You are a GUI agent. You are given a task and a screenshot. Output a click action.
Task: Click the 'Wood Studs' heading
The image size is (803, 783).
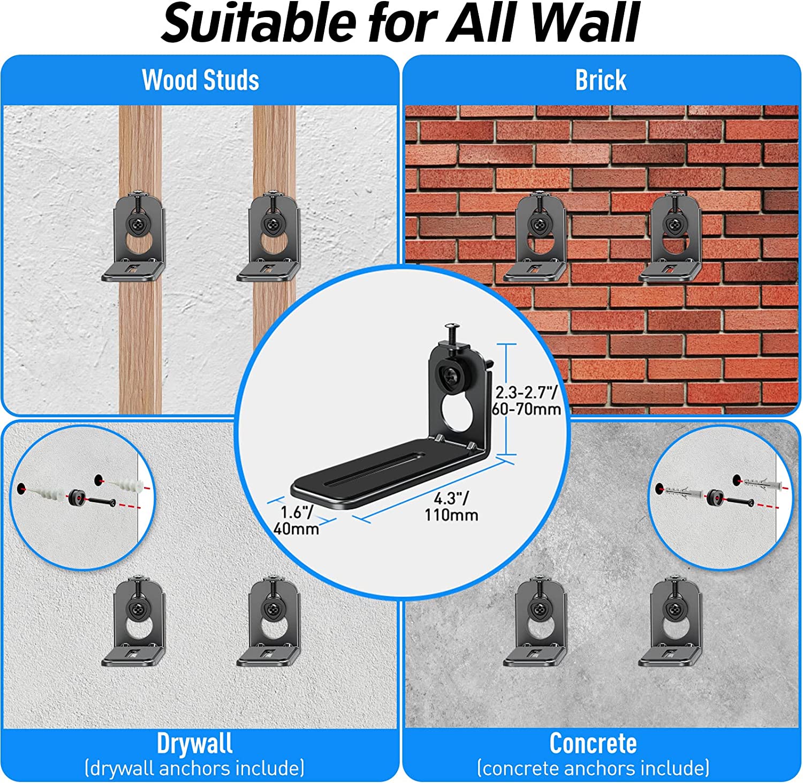click(x=201, y=80)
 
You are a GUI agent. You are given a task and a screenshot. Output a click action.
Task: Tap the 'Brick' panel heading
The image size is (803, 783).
click(x=601, y=80)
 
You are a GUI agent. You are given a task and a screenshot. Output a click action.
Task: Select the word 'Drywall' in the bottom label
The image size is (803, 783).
click(x=195, y=743)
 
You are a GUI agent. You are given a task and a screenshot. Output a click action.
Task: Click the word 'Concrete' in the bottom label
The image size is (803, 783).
click(x=593, y=743)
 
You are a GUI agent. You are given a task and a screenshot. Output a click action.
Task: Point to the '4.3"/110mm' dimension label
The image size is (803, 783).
click(x=451, y=506)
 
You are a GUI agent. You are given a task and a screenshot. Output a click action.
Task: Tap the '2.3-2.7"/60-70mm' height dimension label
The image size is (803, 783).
click(x=527, y=401)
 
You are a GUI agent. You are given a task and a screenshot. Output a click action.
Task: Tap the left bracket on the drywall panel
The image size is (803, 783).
click(x=134, y=620)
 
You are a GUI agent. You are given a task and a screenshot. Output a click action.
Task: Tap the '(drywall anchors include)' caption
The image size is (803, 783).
click(x=195, y=769)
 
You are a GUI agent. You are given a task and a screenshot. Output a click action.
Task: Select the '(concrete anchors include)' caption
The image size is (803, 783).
click(x=593, y=769)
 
